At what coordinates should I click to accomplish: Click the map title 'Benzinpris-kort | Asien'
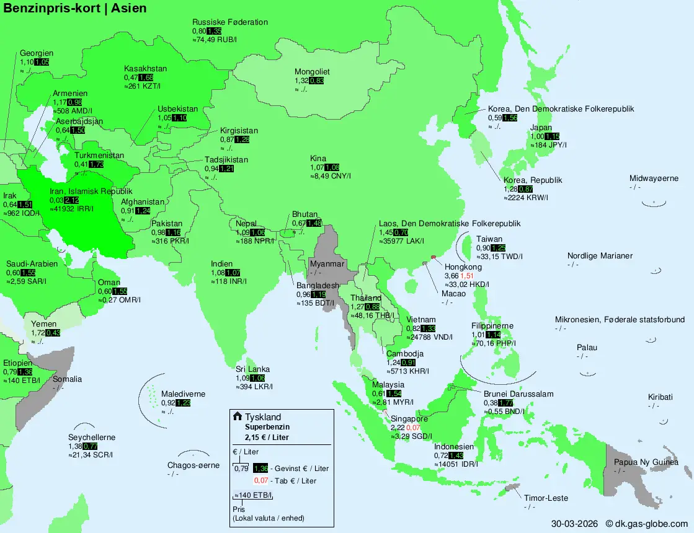(76, 8)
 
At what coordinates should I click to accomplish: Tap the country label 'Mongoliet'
(312, 72)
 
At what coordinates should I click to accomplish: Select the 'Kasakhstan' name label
(145, 69)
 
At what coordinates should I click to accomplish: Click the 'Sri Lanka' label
(252, 369)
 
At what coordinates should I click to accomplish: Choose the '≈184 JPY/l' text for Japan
(548, 145)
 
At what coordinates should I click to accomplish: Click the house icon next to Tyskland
(237, 416)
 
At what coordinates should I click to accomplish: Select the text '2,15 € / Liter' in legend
(267, 438)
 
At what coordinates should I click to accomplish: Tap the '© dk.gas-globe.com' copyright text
(647, 524)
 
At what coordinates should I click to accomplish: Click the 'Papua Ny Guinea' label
(646, 462)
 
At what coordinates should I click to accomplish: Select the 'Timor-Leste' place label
(546, 498)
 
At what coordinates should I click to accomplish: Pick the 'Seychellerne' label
(92, 438)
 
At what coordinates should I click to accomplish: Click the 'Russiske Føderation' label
(230, 22)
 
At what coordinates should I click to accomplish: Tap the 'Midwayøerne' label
(654, 178)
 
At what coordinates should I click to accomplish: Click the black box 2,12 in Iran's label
(71, 200)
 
